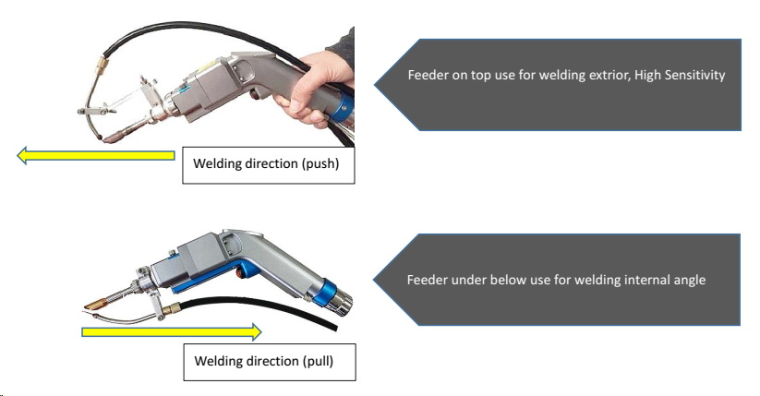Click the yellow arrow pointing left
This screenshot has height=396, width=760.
click(x=92, y=156)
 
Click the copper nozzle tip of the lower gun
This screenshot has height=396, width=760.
click(x=97, y=302)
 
